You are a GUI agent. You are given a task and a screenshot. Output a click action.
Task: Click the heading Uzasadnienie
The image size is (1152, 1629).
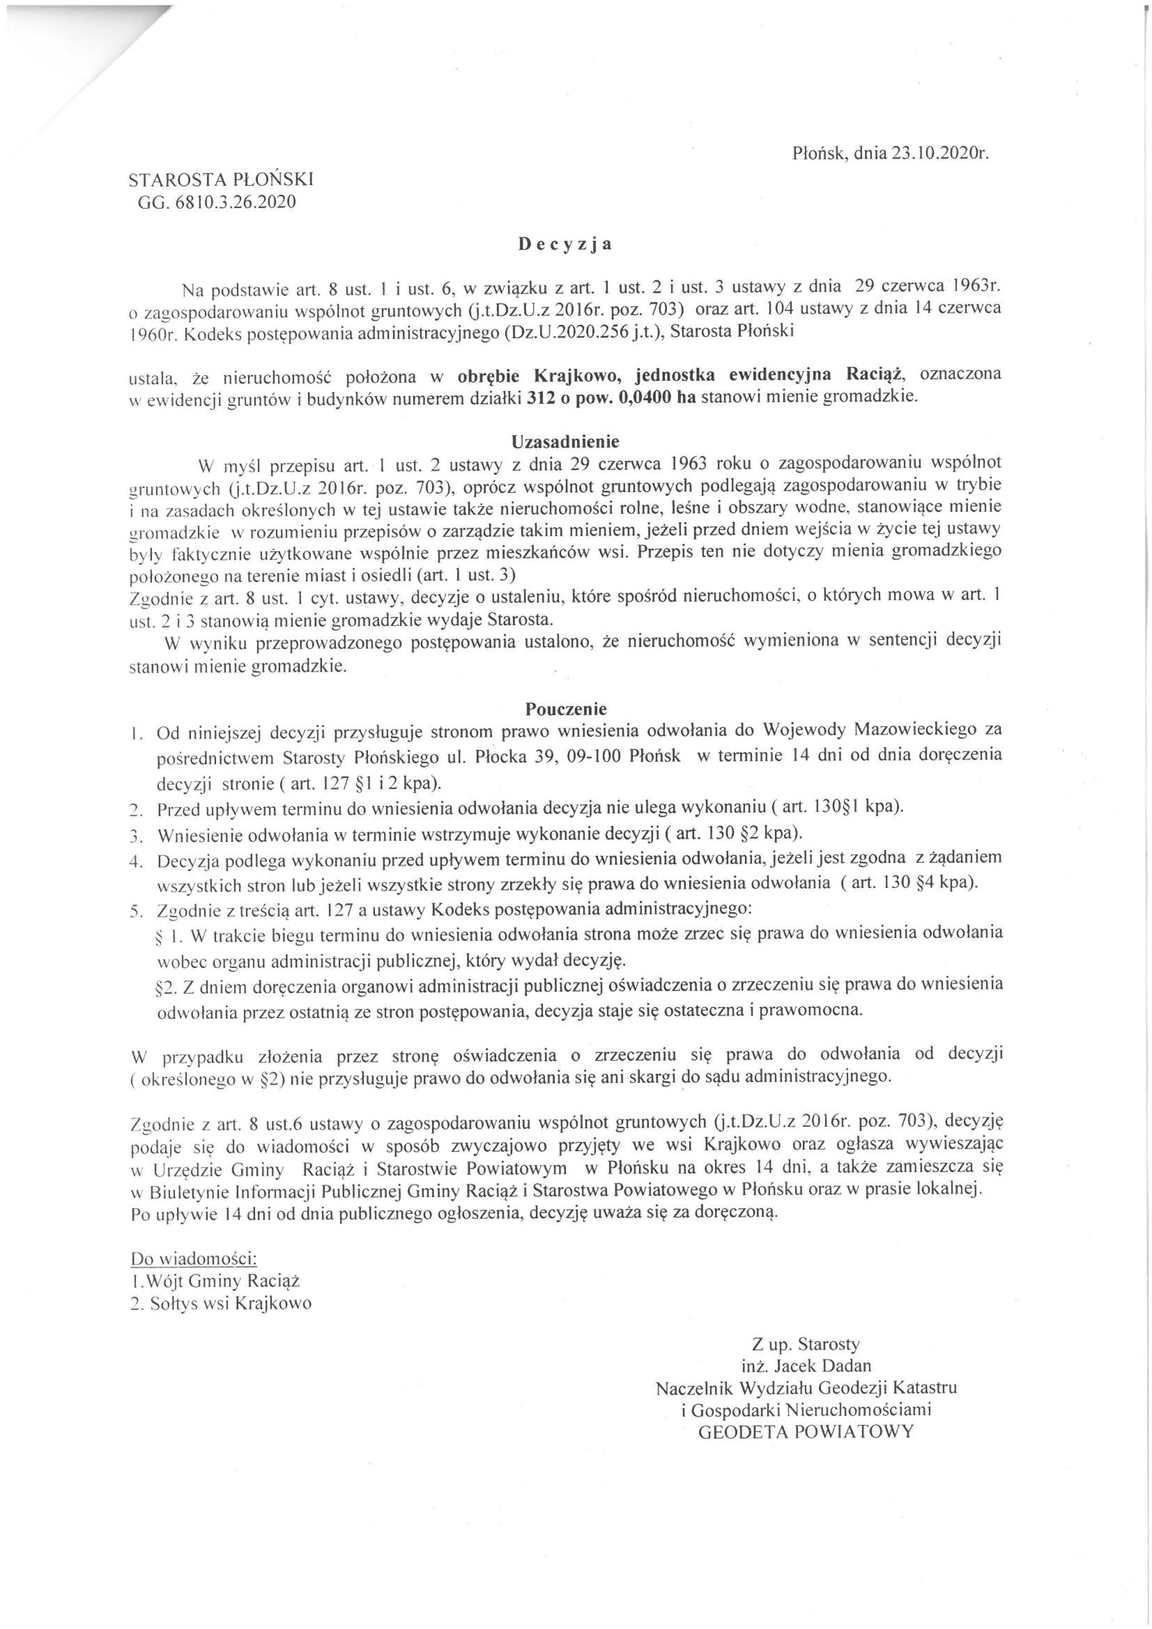tap(566, 441)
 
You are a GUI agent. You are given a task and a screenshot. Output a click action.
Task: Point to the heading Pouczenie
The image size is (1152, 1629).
tap(566, 708)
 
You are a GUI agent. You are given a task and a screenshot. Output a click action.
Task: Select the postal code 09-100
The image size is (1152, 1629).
tap(599, 755)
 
